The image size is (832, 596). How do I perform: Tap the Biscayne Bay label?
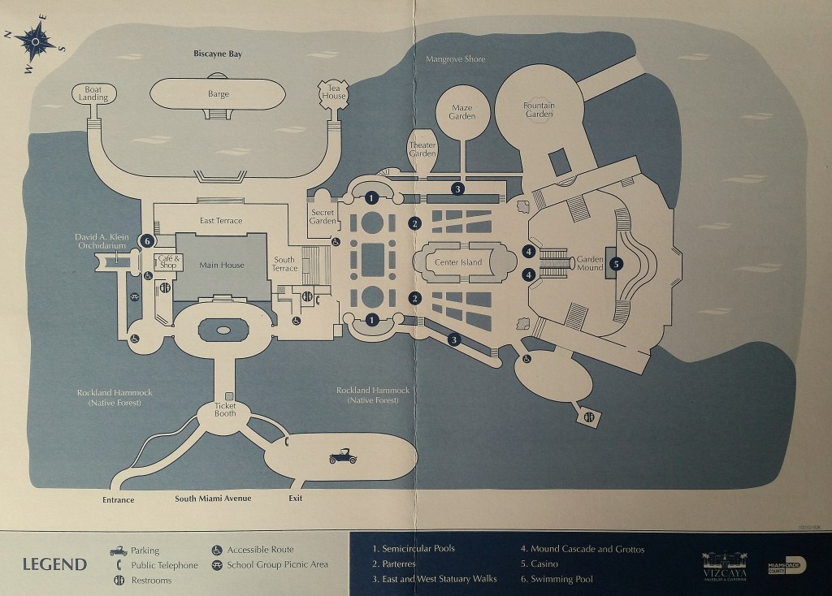219,54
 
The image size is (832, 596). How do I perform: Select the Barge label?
219,94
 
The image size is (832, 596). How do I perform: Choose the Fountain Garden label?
539,110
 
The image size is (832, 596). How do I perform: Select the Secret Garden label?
323,214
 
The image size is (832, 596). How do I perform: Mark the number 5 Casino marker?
617,263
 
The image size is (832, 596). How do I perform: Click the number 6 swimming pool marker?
147,240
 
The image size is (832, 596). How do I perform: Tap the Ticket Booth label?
225,409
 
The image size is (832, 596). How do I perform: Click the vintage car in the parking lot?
343,458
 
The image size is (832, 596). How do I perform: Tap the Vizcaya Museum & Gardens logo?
726,562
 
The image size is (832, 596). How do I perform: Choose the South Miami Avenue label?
214,498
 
